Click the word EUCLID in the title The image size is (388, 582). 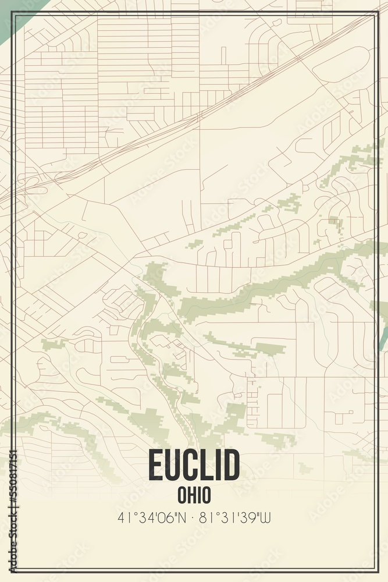pyautogui.click(x=194, y=466)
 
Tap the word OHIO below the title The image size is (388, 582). pyautogui.click(x=194, y=495)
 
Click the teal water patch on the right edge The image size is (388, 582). pyautogui.click(x=384, y=338)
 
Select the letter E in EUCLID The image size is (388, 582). pyautogui.click(x=155, y=466)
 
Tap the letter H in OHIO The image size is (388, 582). pyautogui.click(x=190, y=495)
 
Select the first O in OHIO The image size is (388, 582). pyautogui.click(x=181, y=495)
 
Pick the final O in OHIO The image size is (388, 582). pyautogui.click(x=207, y=495)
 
